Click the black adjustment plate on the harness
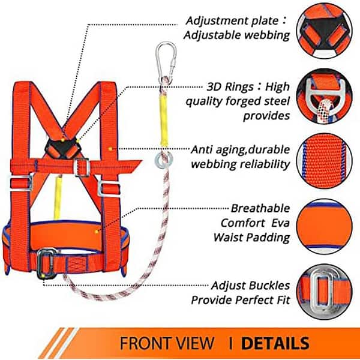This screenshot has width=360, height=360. pyautogui.click(x=62, y=148)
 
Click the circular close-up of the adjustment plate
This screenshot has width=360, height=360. pyautogui.click(x=324, y=31)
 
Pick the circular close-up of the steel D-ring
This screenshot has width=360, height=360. pyautogui.click(x=324, y=96)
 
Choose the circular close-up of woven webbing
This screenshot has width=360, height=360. pyautogui.click(x=324, y=161)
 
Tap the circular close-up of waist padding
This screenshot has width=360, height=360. pyautogui.click(x=324, y=226)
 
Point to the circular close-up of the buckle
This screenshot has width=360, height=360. pyautogui.click(x=324, y=292)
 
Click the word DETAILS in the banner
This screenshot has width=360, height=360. pyautogui.click(x=275, y=343)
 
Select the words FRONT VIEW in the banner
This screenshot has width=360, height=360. pyautogui.click(x=167, y=343)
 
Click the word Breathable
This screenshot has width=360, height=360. pyautogui.click(x=260, y=208)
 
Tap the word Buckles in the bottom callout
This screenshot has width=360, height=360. pyautogui.click(x=269, y=286)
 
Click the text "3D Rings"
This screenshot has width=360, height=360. pyautogui.click(x=230, y=87)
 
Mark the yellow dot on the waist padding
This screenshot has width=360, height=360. pyautogui.click(x=97, y=232)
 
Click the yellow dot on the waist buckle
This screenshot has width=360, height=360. pyautogui.click(x=43, y=275)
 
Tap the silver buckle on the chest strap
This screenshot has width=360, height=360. pyautogui.click(x=82, y=167)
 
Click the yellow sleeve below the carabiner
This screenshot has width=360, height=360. pyautogui.click(x=164, y=121)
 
